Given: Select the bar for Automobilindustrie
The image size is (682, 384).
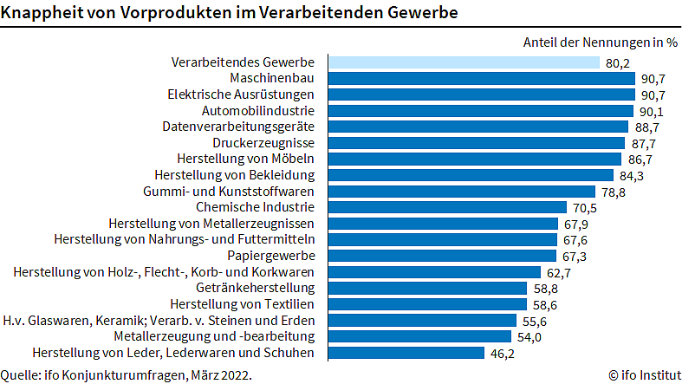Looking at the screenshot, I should click(481, 111).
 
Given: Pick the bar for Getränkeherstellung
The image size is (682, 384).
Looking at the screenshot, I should click(426, 288).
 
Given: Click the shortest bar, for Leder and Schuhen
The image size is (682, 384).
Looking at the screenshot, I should click(405, 353).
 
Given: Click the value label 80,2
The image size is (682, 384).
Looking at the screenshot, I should click(616, 62).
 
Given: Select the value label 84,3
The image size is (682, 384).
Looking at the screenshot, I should click(629, 175).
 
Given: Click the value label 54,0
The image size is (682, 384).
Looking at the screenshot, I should click(529, 336).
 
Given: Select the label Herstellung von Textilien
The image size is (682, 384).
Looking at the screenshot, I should click(248, 304).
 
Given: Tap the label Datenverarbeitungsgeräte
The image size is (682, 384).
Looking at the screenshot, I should click(244, 127).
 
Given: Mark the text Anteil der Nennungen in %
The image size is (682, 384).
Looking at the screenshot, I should click(600, 41).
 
